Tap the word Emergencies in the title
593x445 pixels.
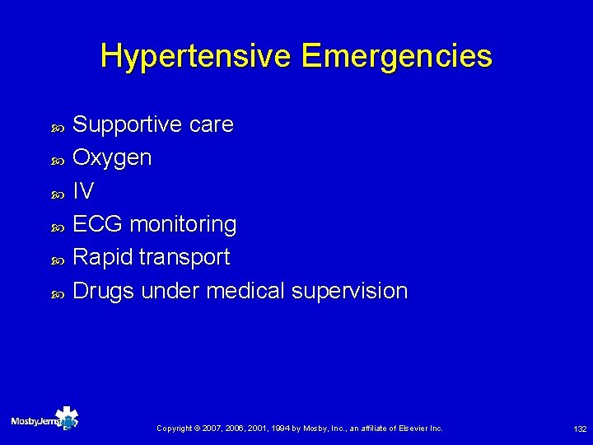coord(397,57)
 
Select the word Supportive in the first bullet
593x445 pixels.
coord(128,124)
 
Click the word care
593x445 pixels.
coord(211,124)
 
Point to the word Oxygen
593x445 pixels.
coord(112,157)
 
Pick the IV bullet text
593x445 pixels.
coord(83,191)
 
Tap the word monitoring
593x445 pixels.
coord(184,224)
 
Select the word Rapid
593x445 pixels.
coord(103,257)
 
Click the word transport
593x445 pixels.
coord(184,257)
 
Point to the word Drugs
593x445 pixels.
coord(104,291)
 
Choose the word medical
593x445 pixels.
coord(245,291)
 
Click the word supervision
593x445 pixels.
coord(349,291)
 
